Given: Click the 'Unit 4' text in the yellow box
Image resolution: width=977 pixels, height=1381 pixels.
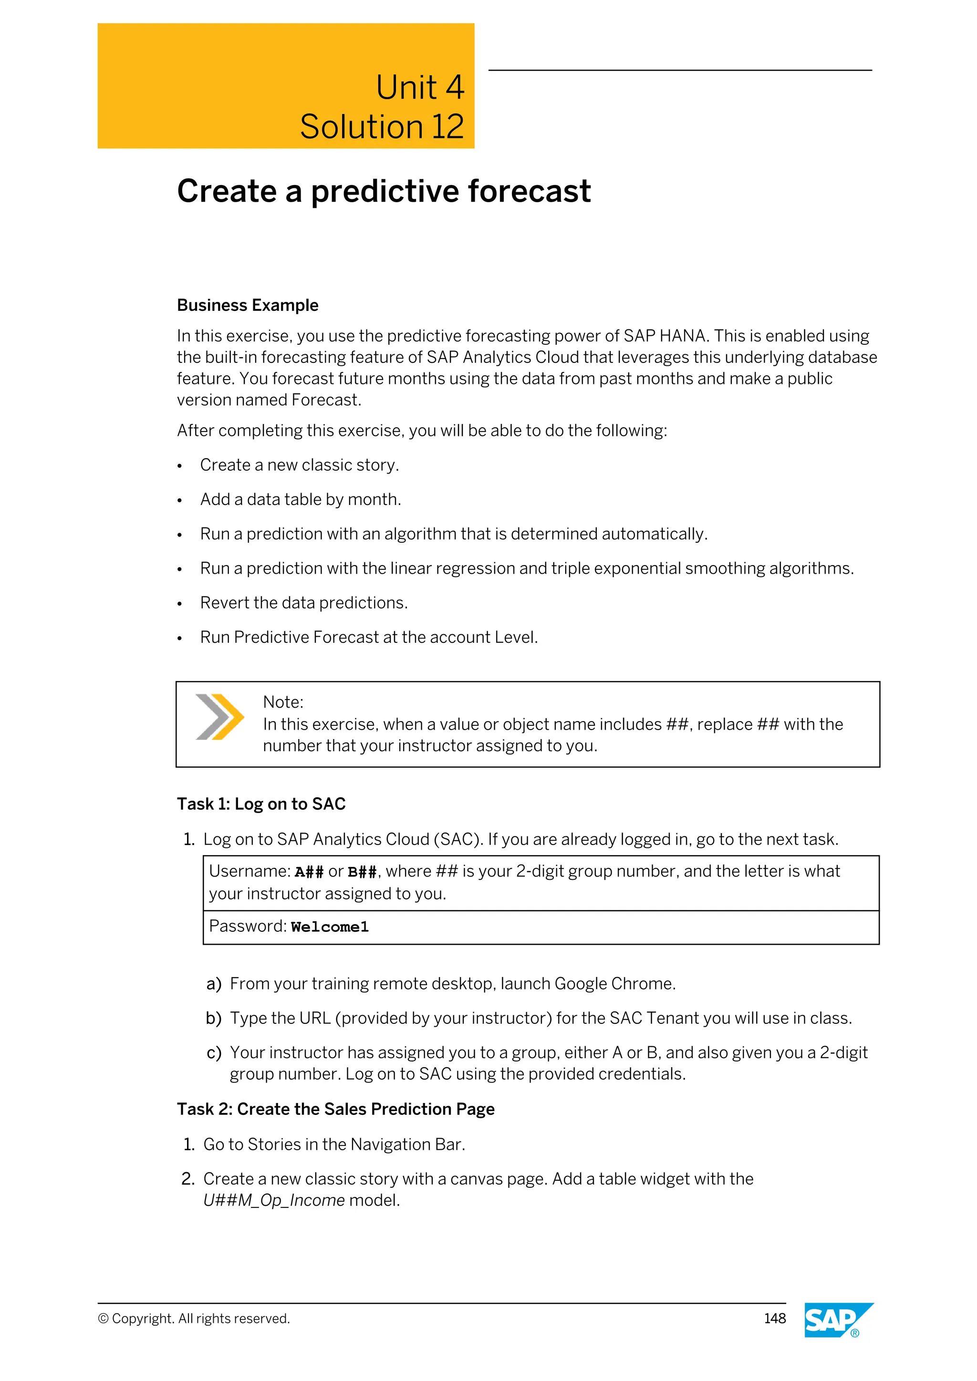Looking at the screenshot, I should pos(419,87).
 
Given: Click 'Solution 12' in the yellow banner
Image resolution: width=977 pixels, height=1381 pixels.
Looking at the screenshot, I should pos(382,127).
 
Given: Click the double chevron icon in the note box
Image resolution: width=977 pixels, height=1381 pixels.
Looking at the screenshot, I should pos(219,716).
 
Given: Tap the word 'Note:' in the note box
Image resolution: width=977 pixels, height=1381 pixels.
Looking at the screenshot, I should pos(283,702).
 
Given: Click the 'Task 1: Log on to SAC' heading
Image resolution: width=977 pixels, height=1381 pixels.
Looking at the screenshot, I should pos(261,804).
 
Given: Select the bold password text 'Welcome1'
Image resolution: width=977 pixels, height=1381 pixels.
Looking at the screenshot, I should pos(330,927).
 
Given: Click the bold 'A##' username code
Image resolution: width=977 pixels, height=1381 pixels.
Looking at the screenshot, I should pos(309,872).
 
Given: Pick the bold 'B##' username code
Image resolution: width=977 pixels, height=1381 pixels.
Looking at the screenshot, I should pos(362,872).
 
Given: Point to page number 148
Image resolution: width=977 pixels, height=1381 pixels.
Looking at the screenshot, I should pos(774,1319).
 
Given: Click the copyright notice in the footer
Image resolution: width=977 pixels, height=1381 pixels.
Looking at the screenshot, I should pos(194,1319).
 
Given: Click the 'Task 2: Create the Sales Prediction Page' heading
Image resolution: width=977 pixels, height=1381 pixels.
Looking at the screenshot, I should pos(336,1109).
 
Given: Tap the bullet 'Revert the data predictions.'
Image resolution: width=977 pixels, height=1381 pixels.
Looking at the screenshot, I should pos(304,603).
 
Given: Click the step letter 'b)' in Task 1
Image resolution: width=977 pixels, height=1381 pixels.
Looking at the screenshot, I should pos(214,1018).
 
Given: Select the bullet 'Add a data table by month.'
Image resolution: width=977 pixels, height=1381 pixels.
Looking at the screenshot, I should pos(300,499).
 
